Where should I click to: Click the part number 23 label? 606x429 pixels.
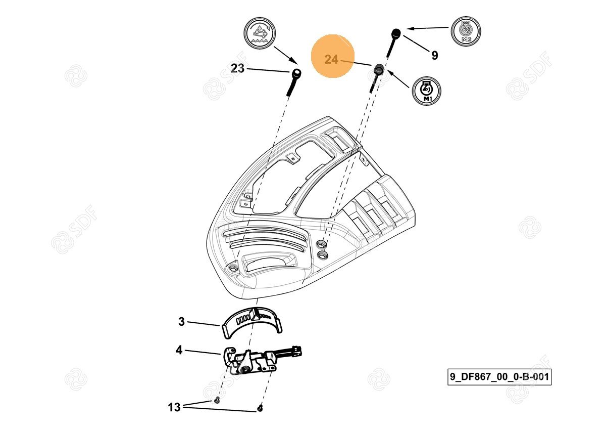click(x=237, y=68)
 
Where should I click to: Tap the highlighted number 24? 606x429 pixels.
click(x=331, y=60)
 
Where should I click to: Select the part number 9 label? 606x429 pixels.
click(x=434, y=55)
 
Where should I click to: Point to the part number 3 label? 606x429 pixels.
click(x=181, y=322)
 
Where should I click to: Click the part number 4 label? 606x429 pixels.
click(x=179, y=350)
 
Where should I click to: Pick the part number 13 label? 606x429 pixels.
click(x=174, y=407)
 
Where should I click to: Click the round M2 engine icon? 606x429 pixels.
click(x=465, y=31)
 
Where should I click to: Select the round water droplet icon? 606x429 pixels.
click(x=259, y=34)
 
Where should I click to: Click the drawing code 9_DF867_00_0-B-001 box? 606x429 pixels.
click(x=499, y=377)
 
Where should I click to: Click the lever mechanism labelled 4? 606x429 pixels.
click(x=250, y=361)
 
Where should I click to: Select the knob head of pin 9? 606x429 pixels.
click(x=396, y=33)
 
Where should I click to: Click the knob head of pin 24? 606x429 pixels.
click(x=378, y=68)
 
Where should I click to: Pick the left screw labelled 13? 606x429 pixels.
click(x=216, y=401)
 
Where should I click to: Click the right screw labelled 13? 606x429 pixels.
click(x=260, y=408)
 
